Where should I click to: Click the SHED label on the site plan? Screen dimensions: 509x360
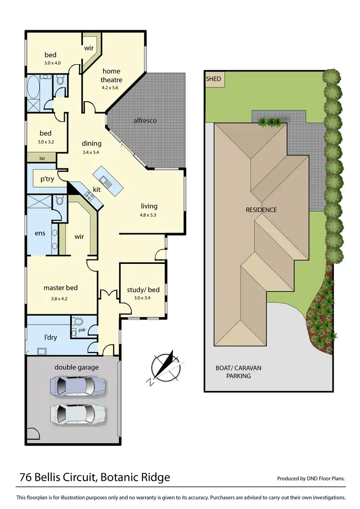[214, 79]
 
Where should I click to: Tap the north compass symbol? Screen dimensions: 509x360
[165, 368]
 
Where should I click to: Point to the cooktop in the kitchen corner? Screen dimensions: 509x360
[89, 195]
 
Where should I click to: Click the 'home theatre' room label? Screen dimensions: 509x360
[111, 76]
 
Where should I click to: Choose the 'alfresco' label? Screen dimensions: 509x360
[145, 120]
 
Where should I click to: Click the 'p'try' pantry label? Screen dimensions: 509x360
[47, 179]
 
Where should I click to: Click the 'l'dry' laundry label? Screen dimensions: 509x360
[50, 337]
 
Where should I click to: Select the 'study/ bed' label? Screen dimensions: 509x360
[143, 290]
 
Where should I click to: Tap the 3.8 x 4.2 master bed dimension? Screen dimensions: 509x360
[60, 299]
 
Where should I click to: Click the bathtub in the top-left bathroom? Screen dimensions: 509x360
[33, 87]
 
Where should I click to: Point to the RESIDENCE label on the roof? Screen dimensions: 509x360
[261, 210]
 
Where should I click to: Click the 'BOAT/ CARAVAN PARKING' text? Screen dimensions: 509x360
[238, 372]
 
